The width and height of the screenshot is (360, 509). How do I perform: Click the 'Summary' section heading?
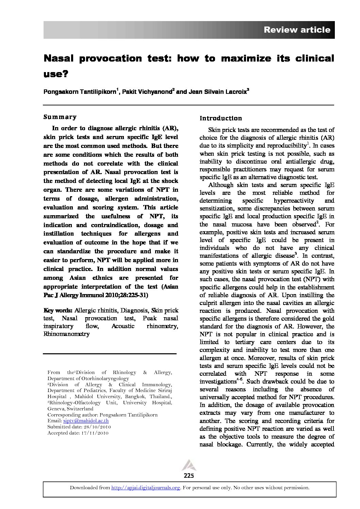click(x=60, y=117)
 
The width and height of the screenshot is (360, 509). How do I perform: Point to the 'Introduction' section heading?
click(x=220, y=118)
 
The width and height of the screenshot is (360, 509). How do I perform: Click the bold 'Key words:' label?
click(x=58, y=310)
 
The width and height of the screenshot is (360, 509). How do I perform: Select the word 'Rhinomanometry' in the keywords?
click(x=66, y=334)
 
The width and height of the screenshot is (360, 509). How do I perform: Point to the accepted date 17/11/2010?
click(x=93, y=433)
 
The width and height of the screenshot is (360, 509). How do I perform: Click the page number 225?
click(x=188, y=475)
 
